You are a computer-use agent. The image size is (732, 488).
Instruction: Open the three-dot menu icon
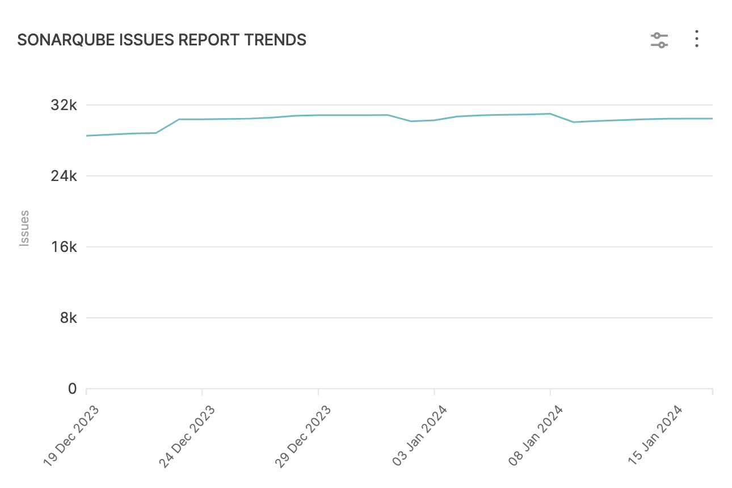697,39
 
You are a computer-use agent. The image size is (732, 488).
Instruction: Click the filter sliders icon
659,40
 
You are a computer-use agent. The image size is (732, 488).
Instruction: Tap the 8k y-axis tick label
69,318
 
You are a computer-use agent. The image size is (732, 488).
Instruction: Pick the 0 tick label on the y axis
72,389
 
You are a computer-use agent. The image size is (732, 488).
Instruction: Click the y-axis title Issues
24,228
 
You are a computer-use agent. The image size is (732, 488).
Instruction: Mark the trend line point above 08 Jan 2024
550,113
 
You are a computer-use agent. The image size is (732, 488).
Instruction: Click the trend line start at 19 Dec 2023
87,136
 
